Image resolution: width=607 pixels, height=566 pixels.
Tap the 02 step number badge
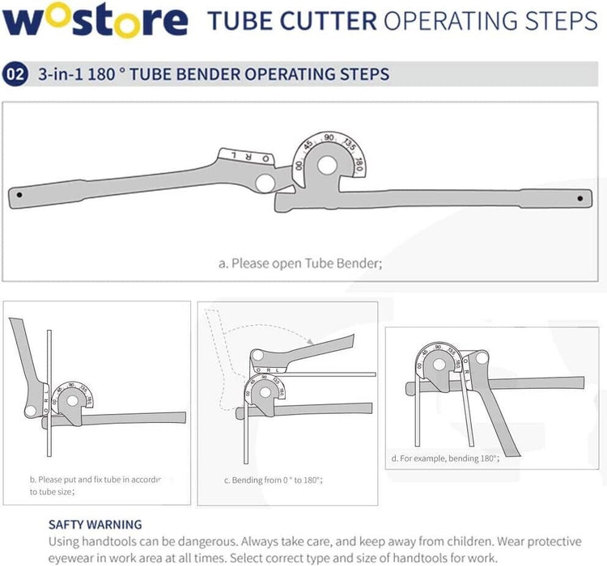(x=15, y=74)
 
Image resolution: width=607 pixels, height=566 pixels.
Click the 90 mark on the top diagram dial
(x=329, y=138)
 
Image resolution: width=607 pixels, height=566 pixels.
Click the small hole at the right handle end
(x=580, y=197)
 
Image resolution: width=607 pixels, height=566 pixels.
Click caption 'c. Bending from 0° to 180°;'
(x=274, y=479)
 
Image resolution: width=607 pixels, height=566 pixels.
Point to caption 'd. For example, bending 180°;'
(x=444, y=458)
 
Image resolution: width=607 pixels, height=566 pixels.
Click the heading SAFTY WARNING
(x=95, y=524)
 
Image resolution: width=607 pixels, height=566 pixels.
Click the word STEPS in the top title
(x=558, y=21)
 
